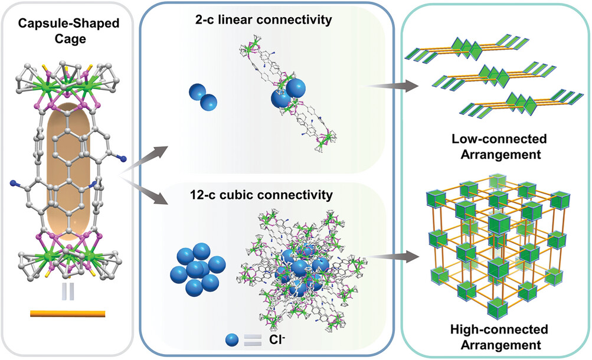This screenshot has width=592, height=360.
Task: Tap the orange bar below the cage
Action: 68,313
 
